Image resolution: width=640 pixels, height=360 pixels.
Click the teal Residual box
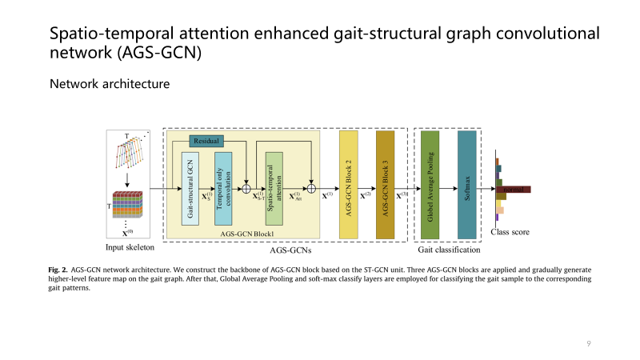coord(206,141)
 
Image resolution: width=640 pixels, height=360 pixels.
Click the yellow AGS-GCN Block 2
coord(349,185)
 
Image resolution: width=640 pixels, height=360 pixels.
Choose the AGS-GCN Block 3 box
coord(386,185)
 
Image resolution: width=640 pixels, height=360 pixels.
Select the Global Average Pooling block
coord(430,185)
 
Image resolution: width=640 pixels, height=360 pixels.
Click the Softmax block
coord(467,185)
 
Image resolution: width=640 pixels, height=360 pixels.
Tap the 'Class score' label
coord(510,233)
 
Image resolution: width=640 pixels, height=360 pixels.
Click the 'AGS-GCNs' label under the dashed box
coord(286,249)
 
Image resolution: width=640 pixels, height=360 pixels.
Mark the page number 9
coord(588,343)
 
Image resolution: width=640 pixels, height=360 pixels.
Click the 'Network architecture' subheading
coord(109,83)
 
